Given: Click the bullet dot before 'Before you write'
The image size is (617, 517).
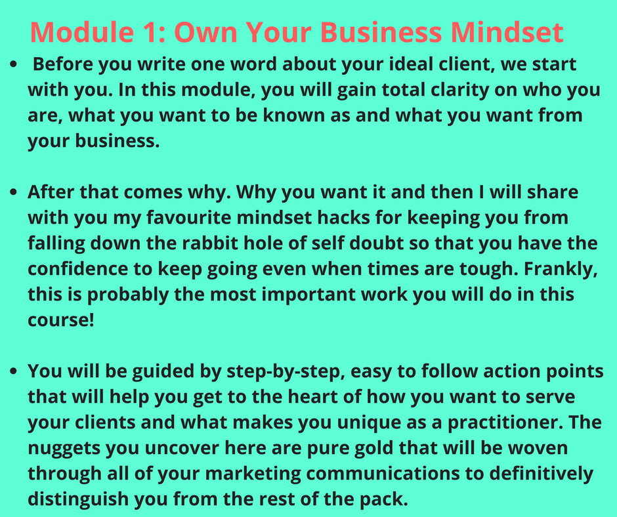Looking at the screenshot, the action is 14,64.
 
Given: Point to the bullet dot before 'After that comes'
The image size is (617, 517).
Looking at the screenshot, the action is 14,192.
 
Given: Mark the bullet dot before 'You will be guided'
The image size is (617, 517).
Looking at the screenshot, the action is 14,371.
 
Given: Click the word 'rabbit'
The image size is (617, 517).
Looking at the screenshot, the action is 210,243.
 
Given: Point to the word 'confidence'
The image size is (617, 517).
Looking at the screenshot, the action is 78,269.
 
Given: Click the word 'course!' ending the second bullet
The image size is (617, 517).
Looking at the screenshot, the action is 61,320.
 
